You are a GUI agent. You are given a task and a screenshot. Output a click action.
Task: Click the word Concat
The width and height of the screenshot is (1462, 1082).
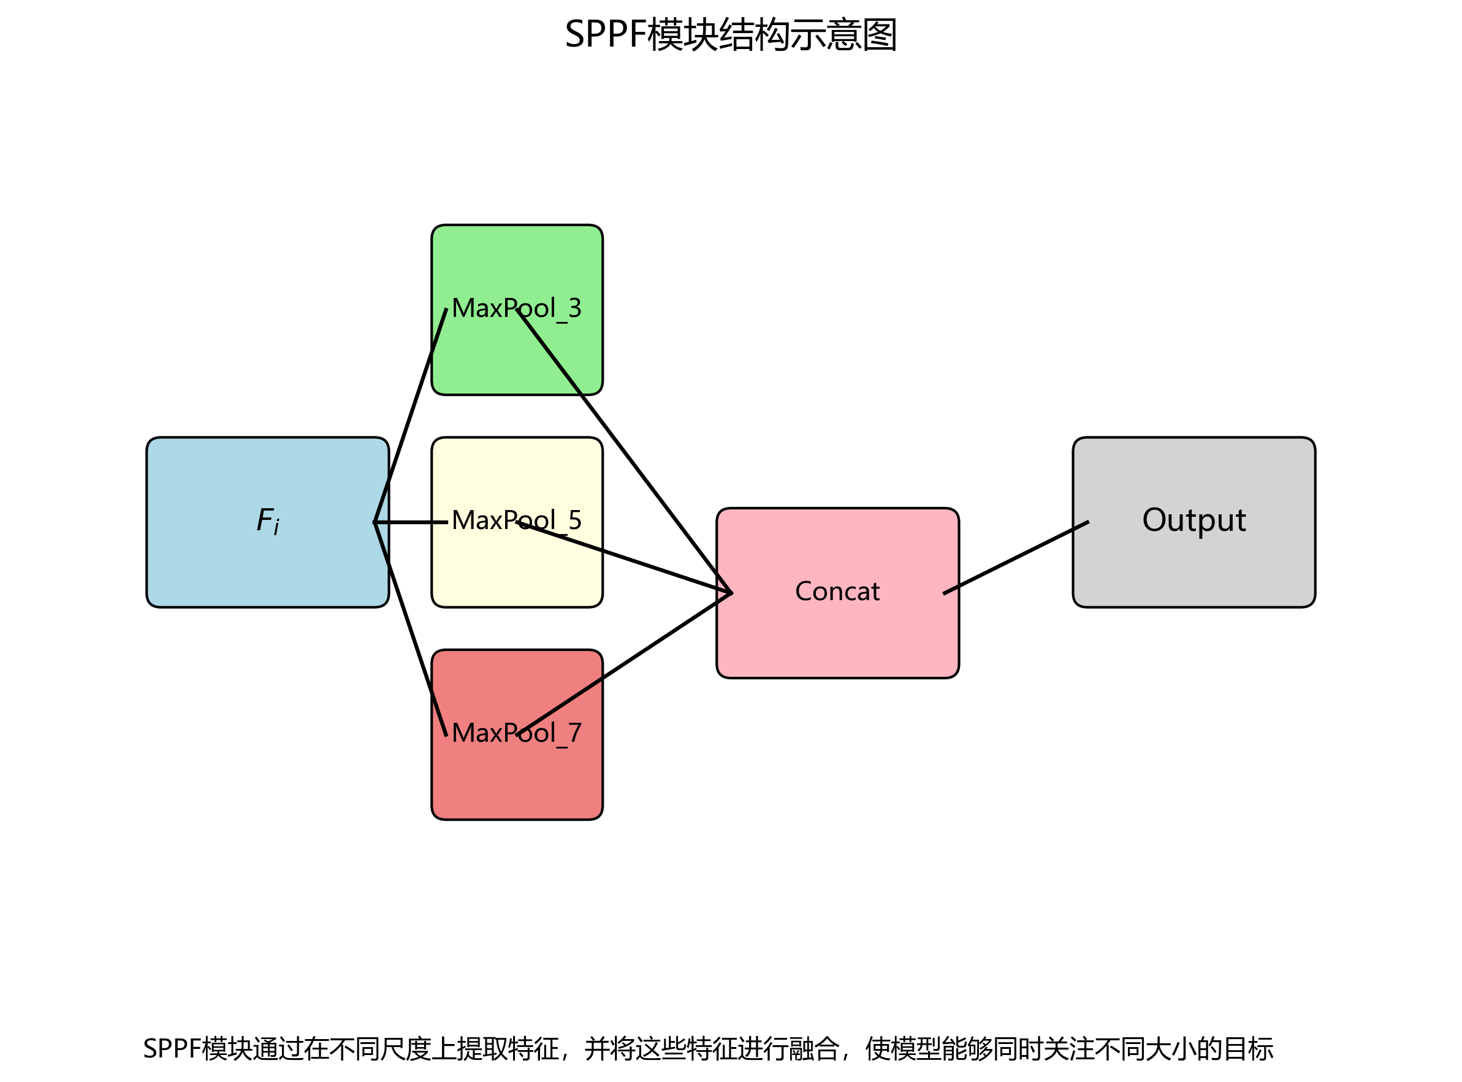pyautogui.click(x=837, y=592)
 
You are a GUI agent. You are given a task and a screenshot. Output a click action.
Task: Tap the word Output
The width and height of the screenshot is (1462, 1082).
pyautogui.click(x=1194, y=520)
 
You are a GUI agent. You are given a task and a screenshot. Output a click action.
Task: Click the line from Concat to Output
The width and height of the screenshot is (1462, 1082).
pyautogui.click(x=1015, y=557)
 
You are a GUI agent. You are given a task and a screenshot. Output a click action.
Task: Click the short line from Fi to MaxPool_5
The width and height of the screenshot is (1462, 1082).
pyautogui.click(x=410, y=522)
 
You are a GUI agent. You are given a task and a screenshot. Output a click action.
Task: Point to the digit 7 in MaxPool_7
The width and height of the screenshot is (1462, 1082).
pyautogui.click(x=574, y=732)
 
